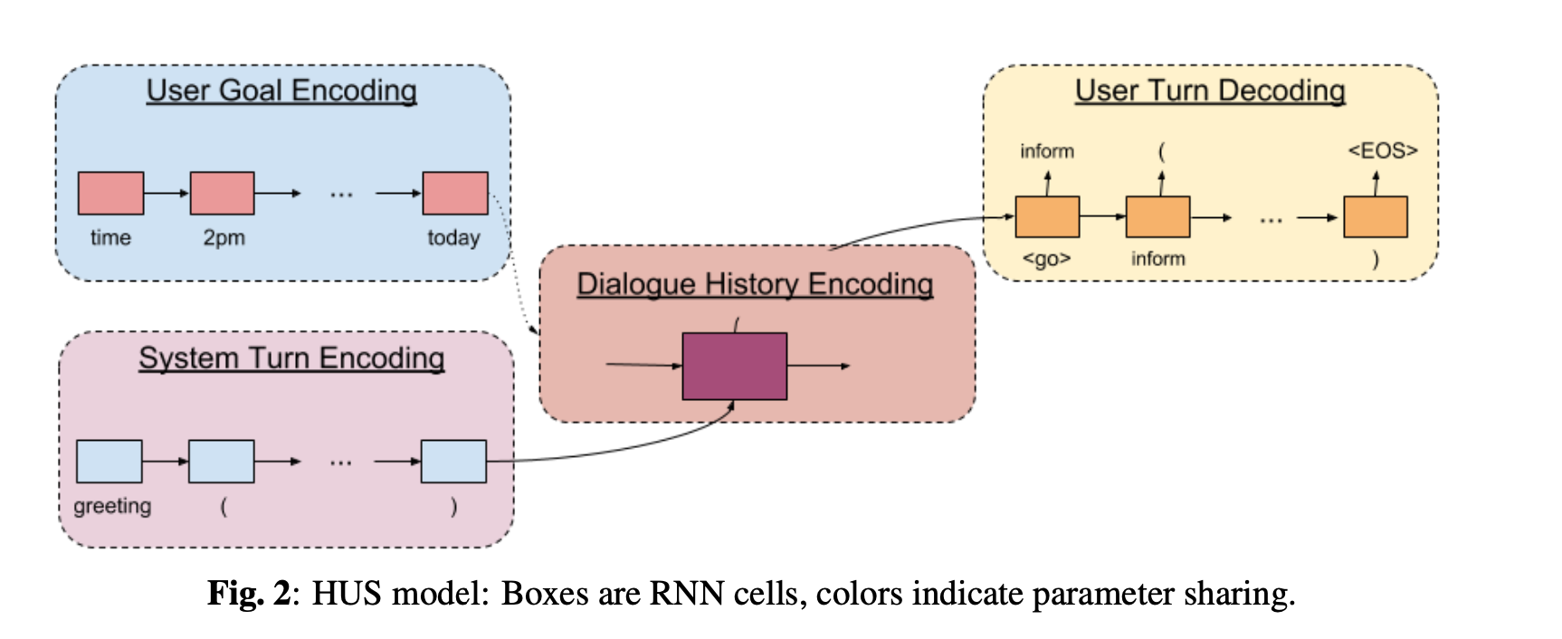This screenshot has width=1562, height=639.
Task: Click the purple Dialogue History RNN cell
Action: coord(734,367)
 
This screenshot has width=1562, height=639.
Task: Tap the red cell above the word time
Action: coord(110,193)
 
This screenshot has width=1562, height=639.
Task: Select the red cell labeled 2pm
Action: coord(222,193)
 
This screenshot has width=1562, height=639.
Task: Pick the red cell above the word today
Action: coord(455,193)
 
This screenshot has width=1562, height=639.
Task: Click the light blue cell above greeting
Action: coord(109,461)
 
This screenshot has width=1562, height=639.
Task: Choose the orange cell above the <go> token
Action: coord(1047,217)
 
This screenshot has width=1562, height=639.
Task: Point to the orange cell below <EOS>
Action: coord(1375,217)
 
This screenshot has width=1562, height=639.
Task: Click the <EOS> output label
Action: coord(1382,150)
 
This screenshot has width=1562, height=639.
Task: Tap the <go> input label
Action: coord(1046,259)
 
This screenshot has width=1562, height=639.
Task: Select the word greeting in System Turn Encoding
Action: coord(112,506)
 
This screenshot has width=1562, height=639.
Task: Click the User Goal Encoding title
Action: coord(281,91)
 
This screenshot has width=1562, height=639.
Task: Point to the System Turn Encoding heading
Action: coord(291,358)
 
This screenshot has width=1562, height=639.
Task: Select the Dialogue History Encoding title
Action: coord(755,284)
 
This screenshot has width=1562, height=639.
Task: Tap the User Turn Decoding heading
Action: coord(1210,91)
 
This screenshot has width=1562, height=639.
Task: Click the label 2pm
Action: coord(224,238)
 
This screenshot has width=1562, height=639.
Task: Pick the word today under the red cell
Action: coord(453,238)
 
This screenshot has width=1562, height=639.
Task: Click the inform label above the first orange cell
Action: coord(1047,151)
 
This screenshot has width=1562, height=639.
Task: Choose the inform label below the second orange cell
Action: coord(1157,259)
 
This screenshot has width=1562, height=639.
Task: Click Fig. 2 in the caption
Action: coord(249,594)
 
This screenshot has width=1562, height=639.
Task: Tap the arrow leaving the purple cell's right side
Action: coord(818,366)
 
